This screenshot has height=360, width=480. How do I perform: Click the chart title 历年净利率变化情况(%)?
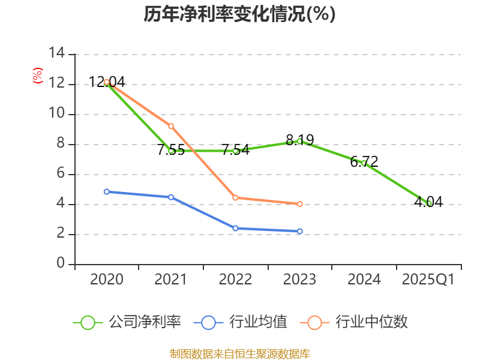pyautogui.click(x=239, y=14)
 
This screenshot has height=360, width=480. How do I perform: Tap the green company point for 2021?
pyautogui.click(x=171, y=151)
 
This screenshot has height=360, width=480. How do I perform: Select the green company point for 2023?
pyautogui.click(x=299, y=141)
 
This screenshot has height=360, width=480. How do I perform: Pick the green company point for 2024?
pyautogui.click(x=364, y=163)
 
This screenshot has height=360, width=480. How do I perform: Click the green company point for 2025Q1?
pyautogui.click(x=429, y=203)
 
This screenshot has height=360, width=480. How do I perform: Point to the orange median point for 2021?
pyautogui.click(x=171, y=126)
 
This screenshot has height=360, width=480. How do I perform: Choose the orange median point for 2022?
pyautogui.click(x=235, y=197)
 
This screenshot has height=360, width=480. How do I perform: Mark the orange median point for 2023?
pyautogui.click(x=299, y=204)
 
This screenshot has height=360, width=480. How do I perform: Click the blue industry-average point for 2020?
pyautogui.click(x=107, y=191)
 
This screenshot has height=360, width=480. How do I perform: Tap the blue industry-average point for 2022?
pyautogui.click(x=235, y=228)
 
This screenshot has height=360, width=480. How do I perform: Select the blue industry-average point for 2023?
pyautogui.click(x=299, y=231)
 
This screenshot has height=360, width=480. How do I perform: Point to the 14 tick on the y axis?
pyautogui.click(x=57, y=53)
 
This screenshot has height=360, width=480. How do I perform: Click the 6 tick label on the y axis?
pyautogui.click(x=60, y=174)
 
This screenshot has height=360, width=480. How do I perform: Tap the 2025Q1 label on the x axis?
pyautogui.click(x=428, y=280)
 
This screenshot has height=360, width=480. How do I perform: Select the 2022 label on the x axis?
pyautogui.click(x=235, y=280)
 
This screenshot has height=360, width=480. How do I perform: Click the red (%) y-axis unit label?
pyautogui.click(x=38, y=76)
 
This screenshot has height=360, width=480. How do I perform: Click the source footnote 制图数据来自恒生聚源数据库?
pyautogui.click(x=239, y=353)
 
